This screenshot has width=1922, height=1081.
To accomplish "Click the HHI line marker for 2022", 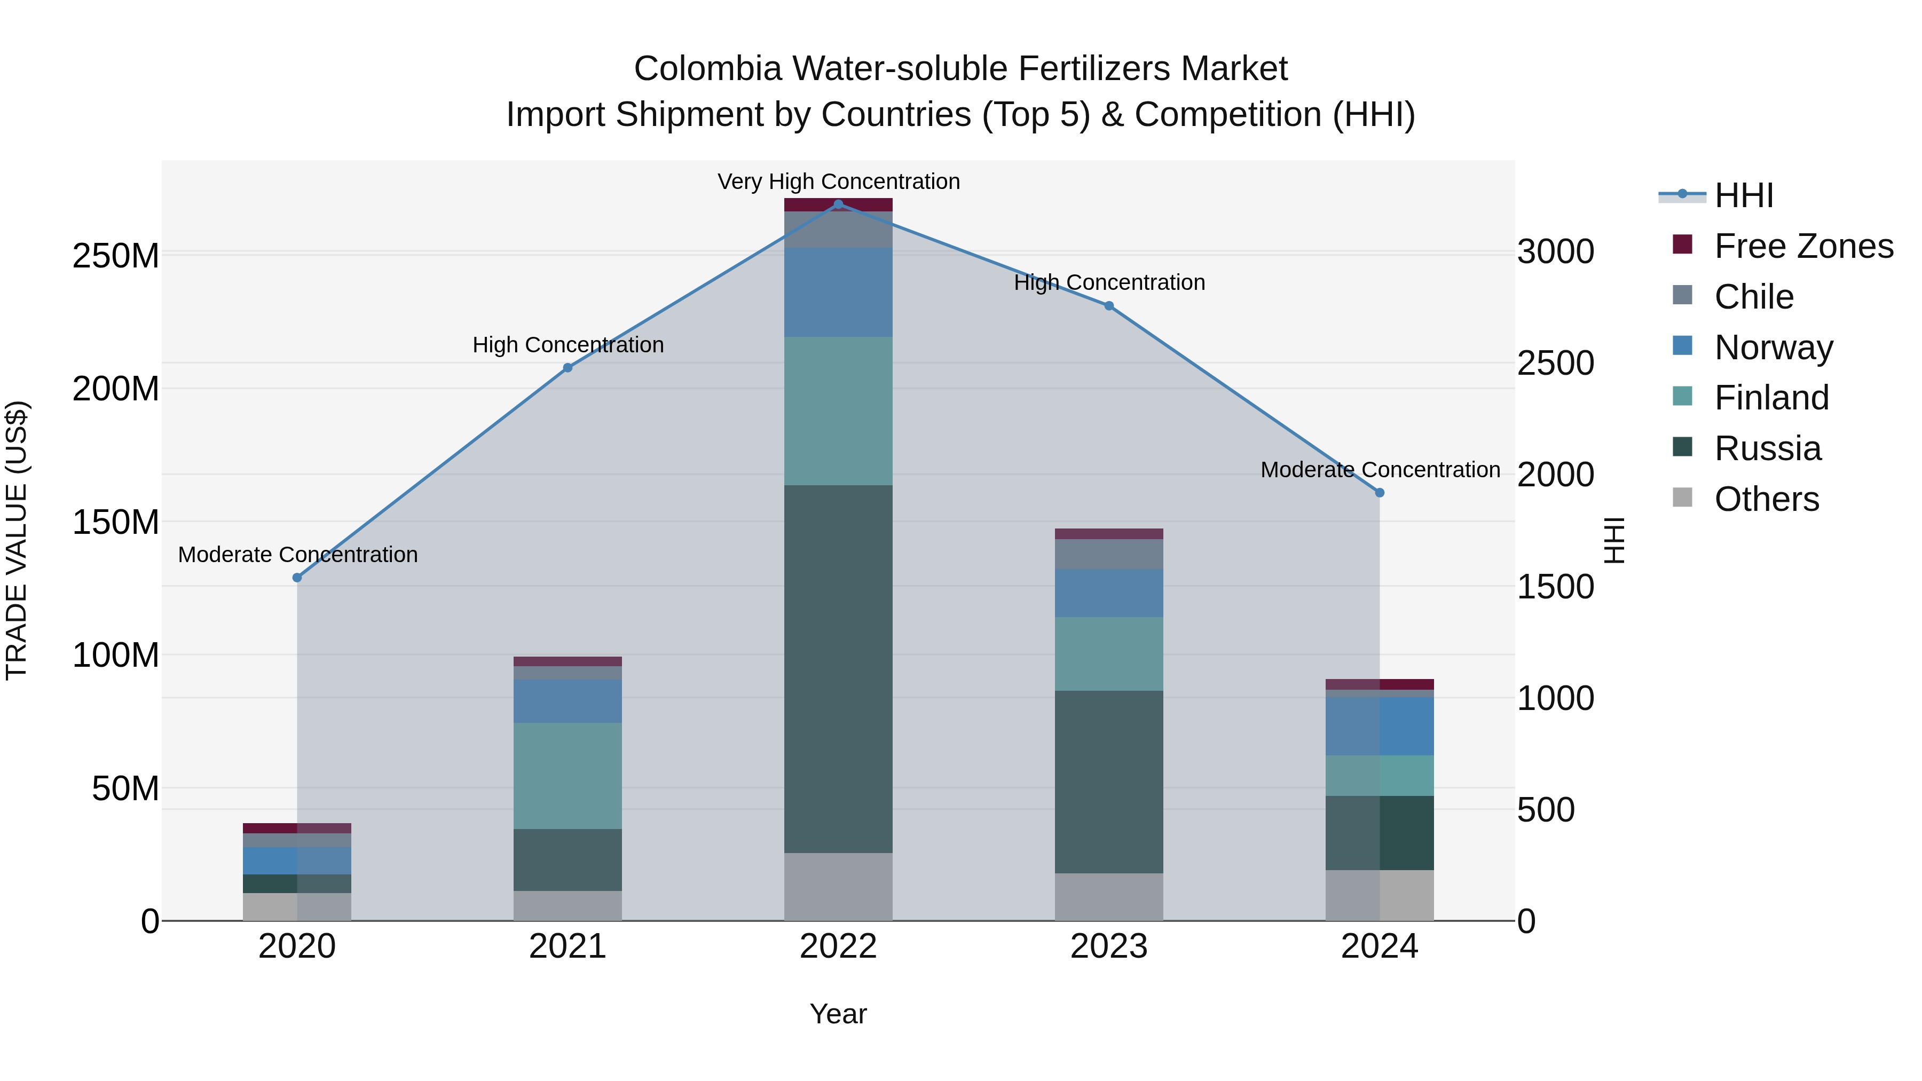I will click(838, 204).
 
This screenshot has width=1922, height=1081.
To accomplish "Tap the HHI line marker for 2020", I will click(297, 578).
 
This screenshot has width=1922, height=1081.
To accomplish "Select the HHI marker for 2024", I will click(1380, 492).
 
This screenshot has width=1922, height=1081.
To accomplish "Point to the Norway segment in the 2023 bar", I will click(1109, 593).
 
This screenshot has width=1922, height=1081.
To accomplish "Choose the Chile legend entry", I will click(1753, 297).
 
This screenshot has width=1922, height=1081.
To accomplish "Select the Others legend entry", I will click(1766, 499).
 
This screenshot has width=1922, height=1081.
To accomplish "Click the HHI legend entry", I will click(1743, 195).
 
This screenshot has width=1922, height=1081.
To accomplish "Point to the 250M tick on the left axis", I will click(116, 256).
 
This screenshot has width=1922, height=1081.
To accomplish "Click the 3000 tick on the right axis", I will click(1556, 251).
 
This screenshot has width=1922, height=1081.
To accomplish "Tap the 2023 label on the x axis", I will click(1109, 946).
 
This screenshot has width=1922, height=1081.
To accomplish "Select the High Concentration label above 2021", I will click(568, 345).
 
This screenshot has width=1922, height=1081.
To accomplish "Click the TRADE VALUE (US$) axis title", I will click(17, 540).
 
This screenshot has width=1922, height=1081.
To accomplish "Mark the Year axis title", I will click(838, 1014).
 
